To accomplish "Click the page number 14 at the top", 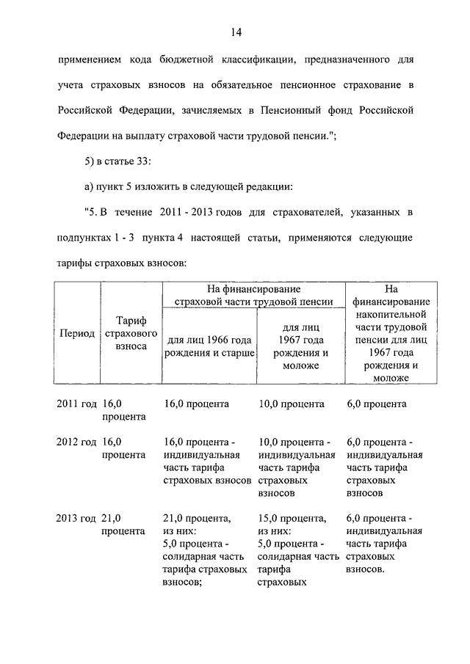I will pos(235,32).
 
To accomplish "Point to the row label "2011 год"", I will pos(76,404).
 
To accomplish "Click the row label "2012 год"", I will pos(76,442).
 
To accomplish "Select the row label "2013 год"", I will pos(76,519).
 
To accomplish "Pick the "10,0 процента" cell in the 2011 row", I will pos(292,404).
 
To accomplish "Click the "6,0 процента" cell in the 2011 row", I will pos(376,404).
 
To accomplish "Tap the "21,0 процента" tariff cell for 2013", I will pos(123,525).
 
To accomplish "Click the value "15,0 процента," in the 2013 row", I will pos(293,519).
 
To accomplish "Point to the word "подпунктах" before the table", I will pos(86,238).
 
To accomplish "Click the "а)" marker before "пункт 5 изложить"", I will pos(90,187).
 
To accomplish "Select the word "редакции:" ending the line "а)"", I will pos(271,187).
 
